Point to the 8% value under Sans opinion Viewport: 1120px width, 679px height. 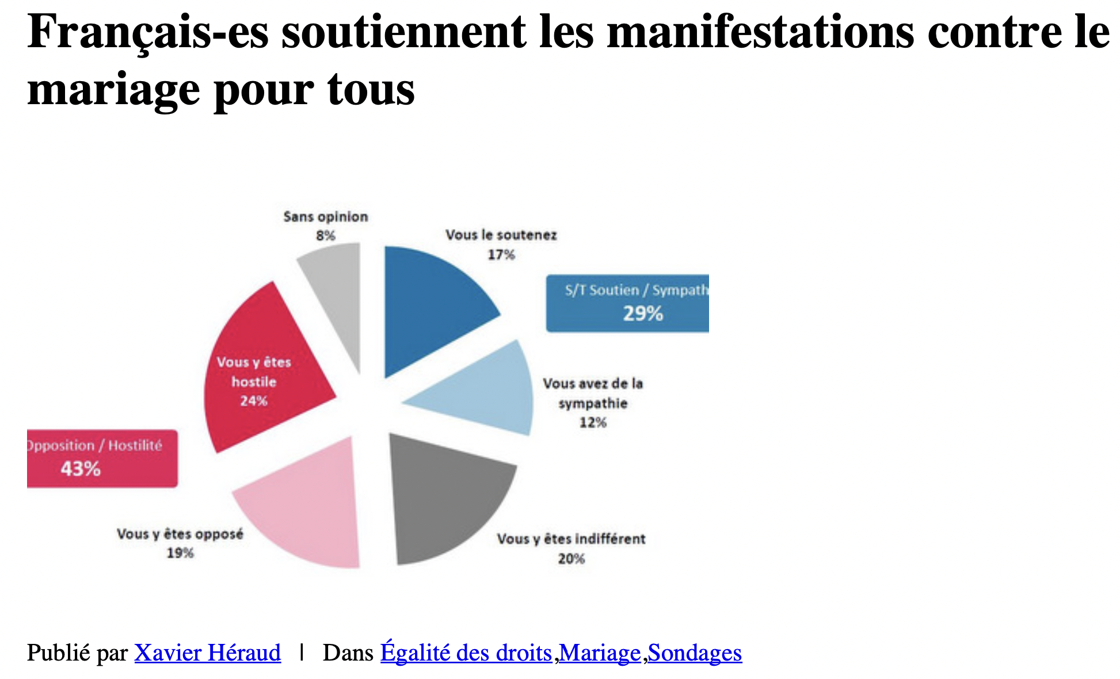(x=325, y=235)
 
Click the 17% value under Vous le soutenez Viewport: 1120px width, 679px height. (x=501, y=254)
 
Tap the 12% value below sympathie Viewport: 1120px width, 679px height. (x=593, y=422)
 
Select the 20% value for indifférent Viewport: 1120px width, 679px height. (x=571, y=558)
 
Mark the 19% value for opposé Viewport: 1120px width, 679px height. (x=180, y=553)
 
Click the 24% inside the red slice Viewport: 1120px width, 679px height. (x=254, y=401)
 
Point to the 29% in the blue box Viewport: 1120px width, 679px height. (x=643, y=314)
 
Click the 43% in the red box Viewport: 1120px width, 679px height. (x=81, y=469)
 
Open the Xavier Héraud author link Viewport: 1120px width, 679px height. (x=208, y=653)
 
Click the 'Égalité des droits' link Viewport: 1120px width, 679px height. (x=466, y=653)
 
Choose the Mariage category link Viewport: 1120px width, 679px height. (x=600, y=653)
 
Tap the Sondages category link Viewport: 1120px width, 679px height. (x=695, y=653)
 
